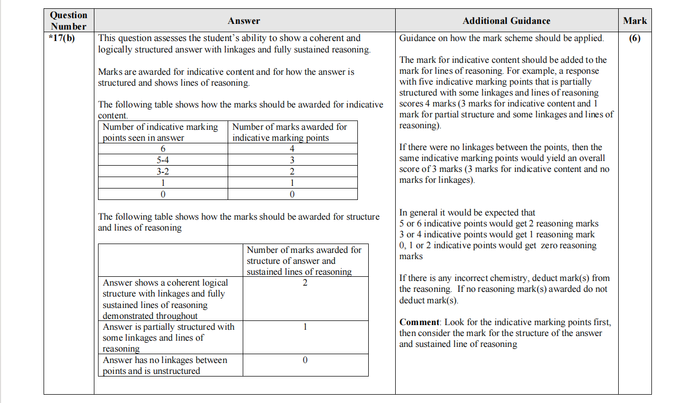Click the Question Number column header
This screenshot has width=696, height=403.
click(x=68, y=21)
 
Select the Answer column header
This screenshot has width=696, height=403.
click(x=244, y=21)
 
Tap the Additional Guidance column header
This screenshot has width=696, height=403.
click(x=506, y=21)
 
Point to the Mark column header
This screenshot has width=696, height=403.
click(x=635, y=21)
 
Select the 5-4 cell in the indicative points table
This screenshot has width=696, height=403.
click(x=163, y=160)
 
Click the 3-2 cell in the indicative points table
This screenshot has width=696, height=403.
click(x=163, y=171)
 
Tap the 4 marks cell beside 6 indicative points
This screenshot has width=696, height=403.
click(x=292, y=149)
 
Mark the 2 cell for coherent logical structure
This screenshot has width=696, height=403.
click(x=305, y=283)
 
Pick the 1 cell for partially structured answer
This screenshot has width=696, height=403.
click(x=305, y=327)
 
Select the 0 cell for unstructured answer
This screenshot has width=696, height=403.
click(x=305, y=360)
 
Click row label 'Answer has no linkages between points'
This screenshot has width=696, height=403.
click(x=165, y=365)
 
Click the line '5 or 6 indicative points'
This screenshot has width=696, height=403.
click(x=498, y=224)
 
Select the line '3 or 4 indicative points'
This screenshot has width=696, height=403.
click(x=497, y=235)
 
